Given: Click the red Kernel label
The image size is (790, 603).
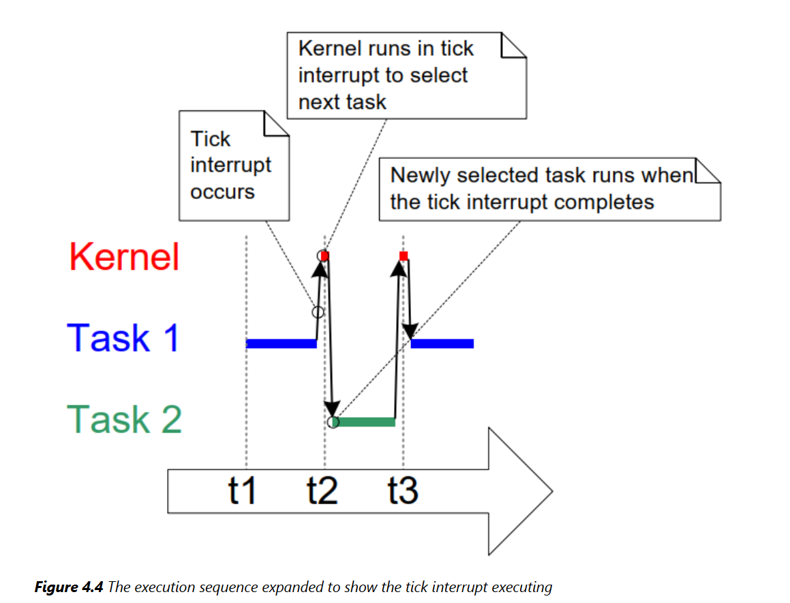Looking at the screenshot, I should (x=124, y=257).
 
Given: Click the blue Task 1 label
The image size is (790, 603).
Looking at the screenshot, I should (x=123, y=337).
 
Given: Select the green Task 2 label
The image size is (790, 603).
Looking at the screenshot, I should (x=125, y=418).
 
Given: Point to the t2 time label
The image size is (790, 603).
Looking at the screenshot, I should (x=322, y=490).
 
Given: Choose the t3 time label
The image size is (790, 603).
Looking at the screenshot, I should (x=403, y=490).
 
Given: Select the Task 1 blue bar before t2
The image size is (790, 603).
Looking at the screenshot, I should (x=281, y=344).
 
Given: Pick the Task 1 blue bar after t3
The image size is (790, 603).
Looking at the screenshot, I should (x=442, y=344).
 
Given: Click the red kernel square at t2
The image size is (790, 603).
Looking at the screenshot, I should (x=325, y=256).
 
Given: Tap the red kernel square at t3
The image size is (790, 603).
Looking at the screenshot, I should (x=404, y=256).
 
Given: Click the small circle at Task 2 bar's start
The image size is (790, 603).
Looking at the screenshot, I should (x=333, y=422).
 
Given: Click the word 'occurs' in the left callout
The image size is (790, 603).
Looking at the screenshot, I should (x=222, y=192).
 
